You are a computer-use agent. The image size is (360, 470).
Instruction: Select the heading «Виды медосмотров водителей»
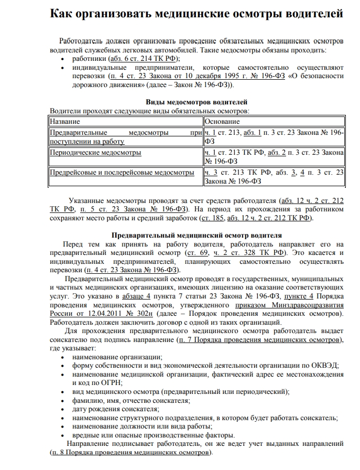(196, 102)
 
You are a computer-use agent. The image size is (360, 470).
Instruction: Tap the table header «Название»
(64, 121)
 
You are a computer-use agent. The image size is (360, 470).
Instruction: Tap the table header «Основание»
(222, 121)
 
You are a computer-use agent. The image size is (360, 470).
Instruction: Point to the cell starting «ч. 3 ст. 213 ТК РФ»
(274, 177)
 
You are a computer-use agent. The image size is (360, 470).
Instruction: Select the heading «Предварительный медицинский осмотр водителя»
(197, 236)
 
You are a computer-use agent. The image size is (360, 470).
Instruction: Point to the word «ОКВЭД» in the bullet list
(325, 365)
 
